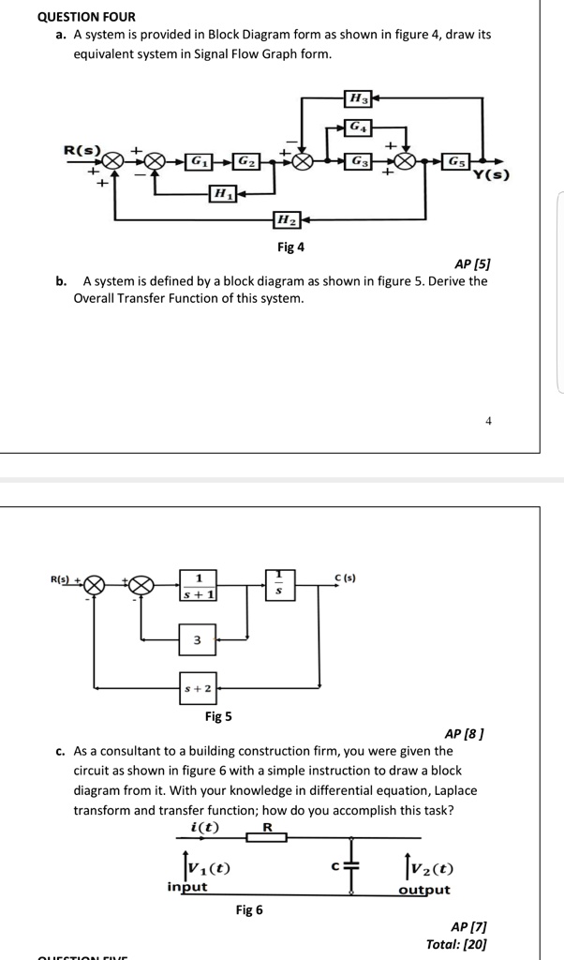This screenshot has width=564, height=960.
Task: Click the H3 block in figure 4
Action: tap(358, 97)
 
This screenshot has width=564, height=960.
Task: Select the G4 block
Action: tap(357, 127)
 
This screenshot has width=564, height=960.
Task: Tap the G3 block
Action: tap(357, 160)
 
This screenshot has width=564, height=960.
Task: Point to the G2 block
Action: tap(244, 160)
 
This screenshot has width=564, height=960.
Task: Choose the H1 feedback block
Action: tap(222, 194)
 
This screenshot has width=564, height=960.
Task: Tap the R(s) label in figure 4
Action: tap(82, 150)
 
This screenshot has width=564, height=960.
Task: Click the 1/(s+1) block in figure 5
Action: tap(199, 585)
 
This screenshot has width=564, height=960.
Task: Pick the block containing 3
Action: tap(198, 640)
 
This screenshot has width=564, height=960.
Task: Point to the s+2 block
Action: tap(198, 687)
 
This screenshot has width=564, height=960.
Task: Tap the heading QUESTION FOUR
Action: tap(86, 16)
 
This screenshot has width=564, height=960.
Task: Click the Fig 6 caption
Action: tap(248, 909)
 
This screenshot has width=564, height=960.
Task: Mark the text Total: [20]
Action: tap(455, 944)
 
